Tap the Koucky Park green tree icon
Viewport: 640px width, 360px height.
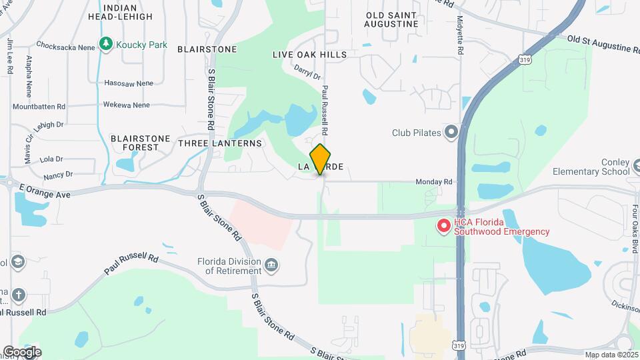105,44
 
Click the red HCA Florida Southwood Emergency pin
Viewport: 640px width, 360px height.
443,227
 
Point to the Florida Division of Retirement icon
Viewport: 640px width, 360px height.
272,267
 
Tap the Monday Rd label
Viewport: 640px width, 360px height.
434,181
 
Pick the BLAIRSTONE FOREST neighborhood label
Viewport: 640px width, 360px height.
135,142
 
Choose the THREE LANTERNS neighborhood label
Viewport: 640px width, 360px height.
220,143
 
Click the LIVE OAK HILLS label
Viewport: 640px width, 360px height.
309,54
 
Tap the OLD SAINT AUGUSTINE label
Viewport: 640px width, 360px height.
391,19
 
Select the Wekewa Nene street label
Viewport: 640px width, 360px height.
126,105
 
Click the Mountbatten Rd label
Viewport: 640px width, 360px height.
39,106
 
